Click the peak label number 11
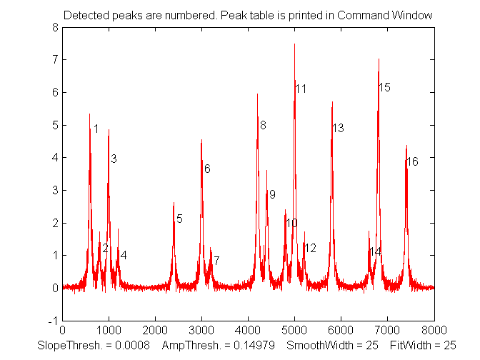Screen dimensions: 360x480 (x=301, y=89)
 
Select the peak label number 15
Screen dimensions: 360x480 (x=384, y=87)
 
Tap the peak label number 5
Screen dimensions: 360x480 (x=179, y=219)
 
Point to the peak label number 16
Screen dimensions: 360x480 (x=412, y=162)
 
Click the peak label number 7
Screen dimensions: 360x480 (x=216, y=261)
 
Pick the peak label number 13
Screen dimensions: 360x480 (x=338, y=129)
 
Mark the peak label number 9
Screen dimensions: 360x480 (x=272, y=194)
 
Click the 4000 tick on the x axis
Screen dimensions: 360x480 (x=248, y=329)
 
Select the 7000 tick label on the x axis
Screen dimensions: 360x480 (x=387, y=329)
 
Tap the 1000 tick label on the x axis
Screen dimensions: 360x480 (x=109, y=329)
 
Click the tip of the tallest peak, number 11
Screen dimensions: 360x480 (x=294, y=44)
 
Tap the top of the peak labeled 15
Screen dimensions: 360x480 (x=379, y=59)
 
